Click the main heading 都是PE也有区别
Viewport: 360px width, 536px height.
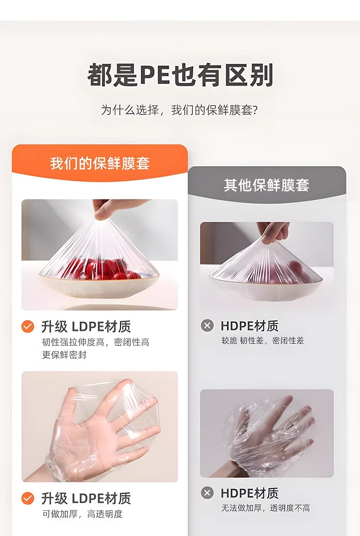pyautogui.click(x=180, y=75)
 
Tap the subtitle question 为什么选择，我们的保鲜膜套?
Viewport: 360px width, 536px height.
pyautogui.click(x=180, y=110)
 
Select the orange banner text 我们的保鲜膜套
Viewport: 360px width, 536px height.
pyautogui.click(x=100, y=163)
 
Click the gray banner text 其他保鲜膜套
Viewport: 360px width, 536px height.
pyautogui.click(x=267, y=185)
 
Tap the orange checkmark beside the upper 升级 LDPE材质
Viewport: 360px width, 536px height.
pyautogui.click(x=28, y=327)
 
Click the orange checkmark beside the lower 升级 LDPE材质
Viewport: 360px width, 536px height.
pyautogui.click(x=28, y=498)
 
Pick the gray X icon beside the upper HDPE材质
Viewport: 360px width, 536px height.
pyautogui.click(x=207, y=326)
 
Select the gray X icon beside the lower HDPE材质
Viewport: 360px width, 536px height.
pyautogui.click(x=207, y=493)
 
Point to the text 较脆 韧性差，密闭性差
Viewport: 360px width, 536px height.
pyautogui.click(x=262, y=341)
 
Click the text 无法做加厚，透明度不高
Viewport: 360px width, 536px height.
pyautogui.click(x=266, y=508)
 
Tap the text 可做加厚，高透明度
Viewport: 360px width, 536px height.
pyautogui.click(x=82, y=514)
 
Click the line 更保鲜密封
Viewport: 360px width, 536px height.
pyautogui.click(x=64, y=355)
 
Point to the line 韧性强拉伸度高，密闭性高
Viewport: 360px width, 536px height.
pyautogui.click(x=96, y=342)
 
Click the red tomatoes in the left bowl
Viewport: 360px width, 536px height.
pyautogui.click(x=99, y=269)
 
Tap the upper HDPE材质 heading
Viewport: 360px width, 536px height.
pyautogui.click(x=249, y=326)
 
